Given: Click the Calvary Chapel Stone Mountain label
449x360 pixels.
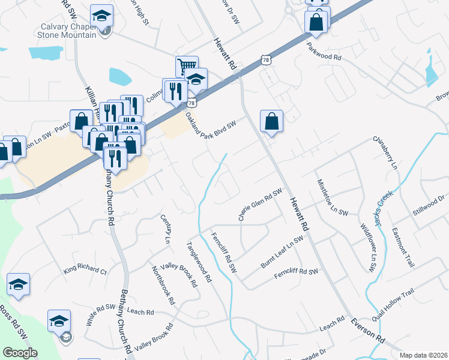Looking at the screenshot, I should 68,31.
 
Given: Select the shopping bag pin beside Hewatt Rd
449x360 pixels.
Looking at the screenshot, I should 272,121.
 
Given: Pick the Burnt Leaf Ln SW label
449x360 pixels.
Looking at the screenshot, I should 281,251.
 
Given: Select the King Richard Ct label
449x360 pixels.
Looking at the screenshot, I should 85,271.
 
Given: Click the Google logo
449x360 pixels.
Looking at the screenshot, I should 20,352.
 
